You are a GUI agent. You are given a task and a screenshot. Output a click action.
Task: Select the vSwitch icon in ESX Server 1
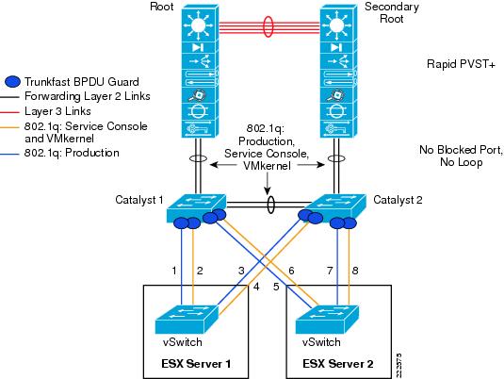(x=187, y=320)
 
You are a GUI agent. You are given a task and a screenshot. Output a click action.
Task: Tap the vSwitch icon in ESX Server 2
(x=327, y=320)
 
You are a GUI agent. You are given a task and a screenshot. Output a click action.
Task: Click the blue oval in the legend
(x=12, y=81)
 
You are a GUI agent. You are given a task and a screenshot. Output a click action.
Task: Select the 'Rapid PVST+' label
(x=461, y=64)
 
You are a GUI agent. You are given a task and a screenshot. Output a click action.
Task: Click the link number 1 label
(x=174, y=271)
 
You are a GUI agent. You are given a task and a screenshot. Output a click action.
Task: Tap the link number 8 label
(x=355, y=271)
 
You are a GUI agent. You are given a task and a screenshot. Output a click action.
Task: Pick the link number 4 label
(x=256, y=287)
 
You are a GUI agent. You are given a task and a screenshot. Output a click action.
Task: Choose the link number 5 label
(x=276, y=287)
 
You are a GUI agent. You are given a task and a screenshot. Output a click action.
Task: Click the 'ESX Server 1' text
(x=196, y=364)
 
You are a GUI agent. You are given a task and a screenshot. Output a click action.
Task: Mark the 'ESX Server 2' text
(x=338, y=364)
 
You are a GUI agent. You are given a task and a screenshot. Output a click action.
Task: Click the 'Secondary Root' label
(x=392, y=12)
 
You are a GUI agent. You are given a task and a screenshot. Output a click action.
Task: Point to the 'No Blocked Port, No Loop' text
(x=461, y=156)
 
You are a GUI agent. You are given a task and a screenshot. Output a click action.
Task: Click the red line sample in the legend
(x=9, y=112)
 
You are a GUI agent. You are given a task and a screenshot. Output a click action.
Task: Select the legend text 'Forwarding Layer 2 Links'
(x=88, y=96)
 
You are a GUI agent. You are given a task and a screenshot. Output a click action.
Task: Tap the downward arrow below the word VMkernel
(x=268, y=184)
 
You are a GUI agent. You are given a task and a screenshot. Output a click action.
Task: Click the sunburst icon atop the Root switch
(x=199, y=25)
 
